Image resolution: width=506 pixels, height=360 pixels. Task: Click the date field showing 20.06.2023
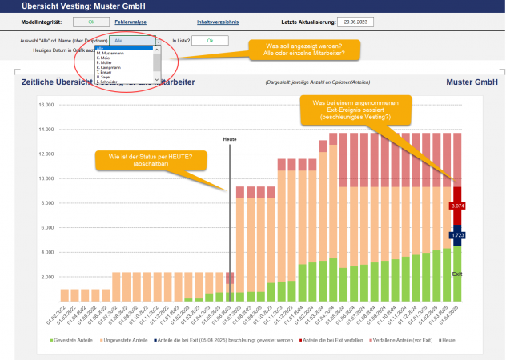(355, 22)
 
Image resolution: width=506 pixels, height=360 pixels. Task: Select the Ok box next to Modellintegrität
(91, 22)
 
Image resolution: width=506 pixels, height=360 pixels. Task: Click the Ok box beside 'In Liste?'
(210, 40)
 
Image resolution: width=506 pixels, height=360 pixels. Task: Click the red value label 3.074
(456, 206)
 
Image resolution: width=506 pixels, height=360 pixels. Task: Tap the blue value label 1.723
(456, 236)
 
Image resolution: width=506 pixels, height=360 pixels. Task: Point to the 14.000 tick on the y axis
(45, 129)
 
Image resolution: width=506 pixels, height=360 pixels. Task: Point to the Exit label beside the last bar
(456, 274)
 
